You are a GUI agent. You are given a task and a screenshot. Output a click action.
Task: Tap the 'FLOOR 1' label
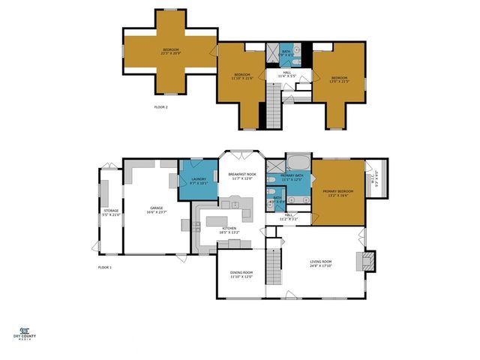pyautogui.click(x=104, y=267)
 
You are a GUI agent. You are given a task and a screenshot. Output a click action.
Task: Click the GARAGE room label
pyautogui.click(x=157, y=210)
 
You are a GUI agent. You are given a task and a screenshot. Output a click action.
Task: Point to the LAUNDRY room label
pyautogui.click(x=199, y=181)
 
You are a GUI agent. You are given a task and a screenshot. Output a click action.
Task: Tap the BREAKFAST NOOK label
pyautogui.click(x=242, y=175)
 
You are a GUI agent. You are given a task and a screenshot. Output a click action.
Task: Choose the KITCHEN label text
pyautogui.click(x=229, y=230)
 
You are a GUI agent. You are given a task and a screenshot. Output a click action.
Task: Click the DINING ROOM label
pyautogui.click(x=241, y=274)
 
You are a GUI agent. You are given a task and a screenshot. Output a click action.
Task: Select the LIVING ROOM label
pyautogui.click(x=321, y=263)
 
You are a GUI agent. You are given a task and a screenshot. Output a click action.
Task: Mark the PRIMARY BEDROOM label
pyautogui.click(x=337, y=193)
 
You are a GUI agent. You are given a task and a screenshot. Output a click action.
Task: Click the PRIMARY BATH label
pyautogui.click(x=292, y=177)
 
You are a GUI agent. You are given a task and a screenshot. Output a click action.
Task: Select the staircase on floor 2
pyautogui.click(x=274, y=107)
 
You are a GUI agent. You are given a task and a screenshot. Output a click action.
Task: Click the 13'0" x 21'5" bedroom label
pyautogui.click(x=340, y=79)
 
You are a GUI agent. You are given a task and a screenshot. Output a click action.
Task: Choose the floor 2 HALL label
pyautogui.click(x=288, y=74)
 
